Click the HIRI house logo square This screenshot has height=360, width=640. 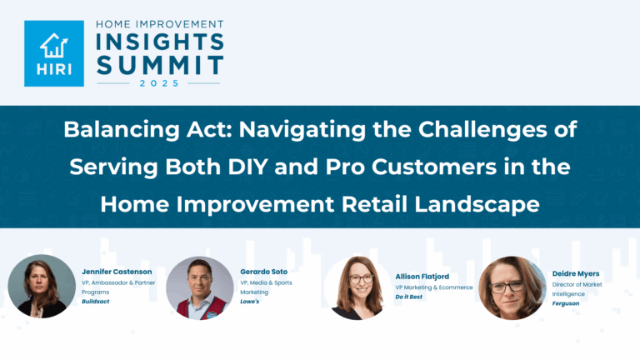click(x=53, y=53)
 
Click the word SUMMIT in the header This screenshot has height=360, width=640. click(x=158, y=65)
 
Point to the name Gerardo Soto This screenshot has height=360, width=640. click(x=265, y=272)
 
